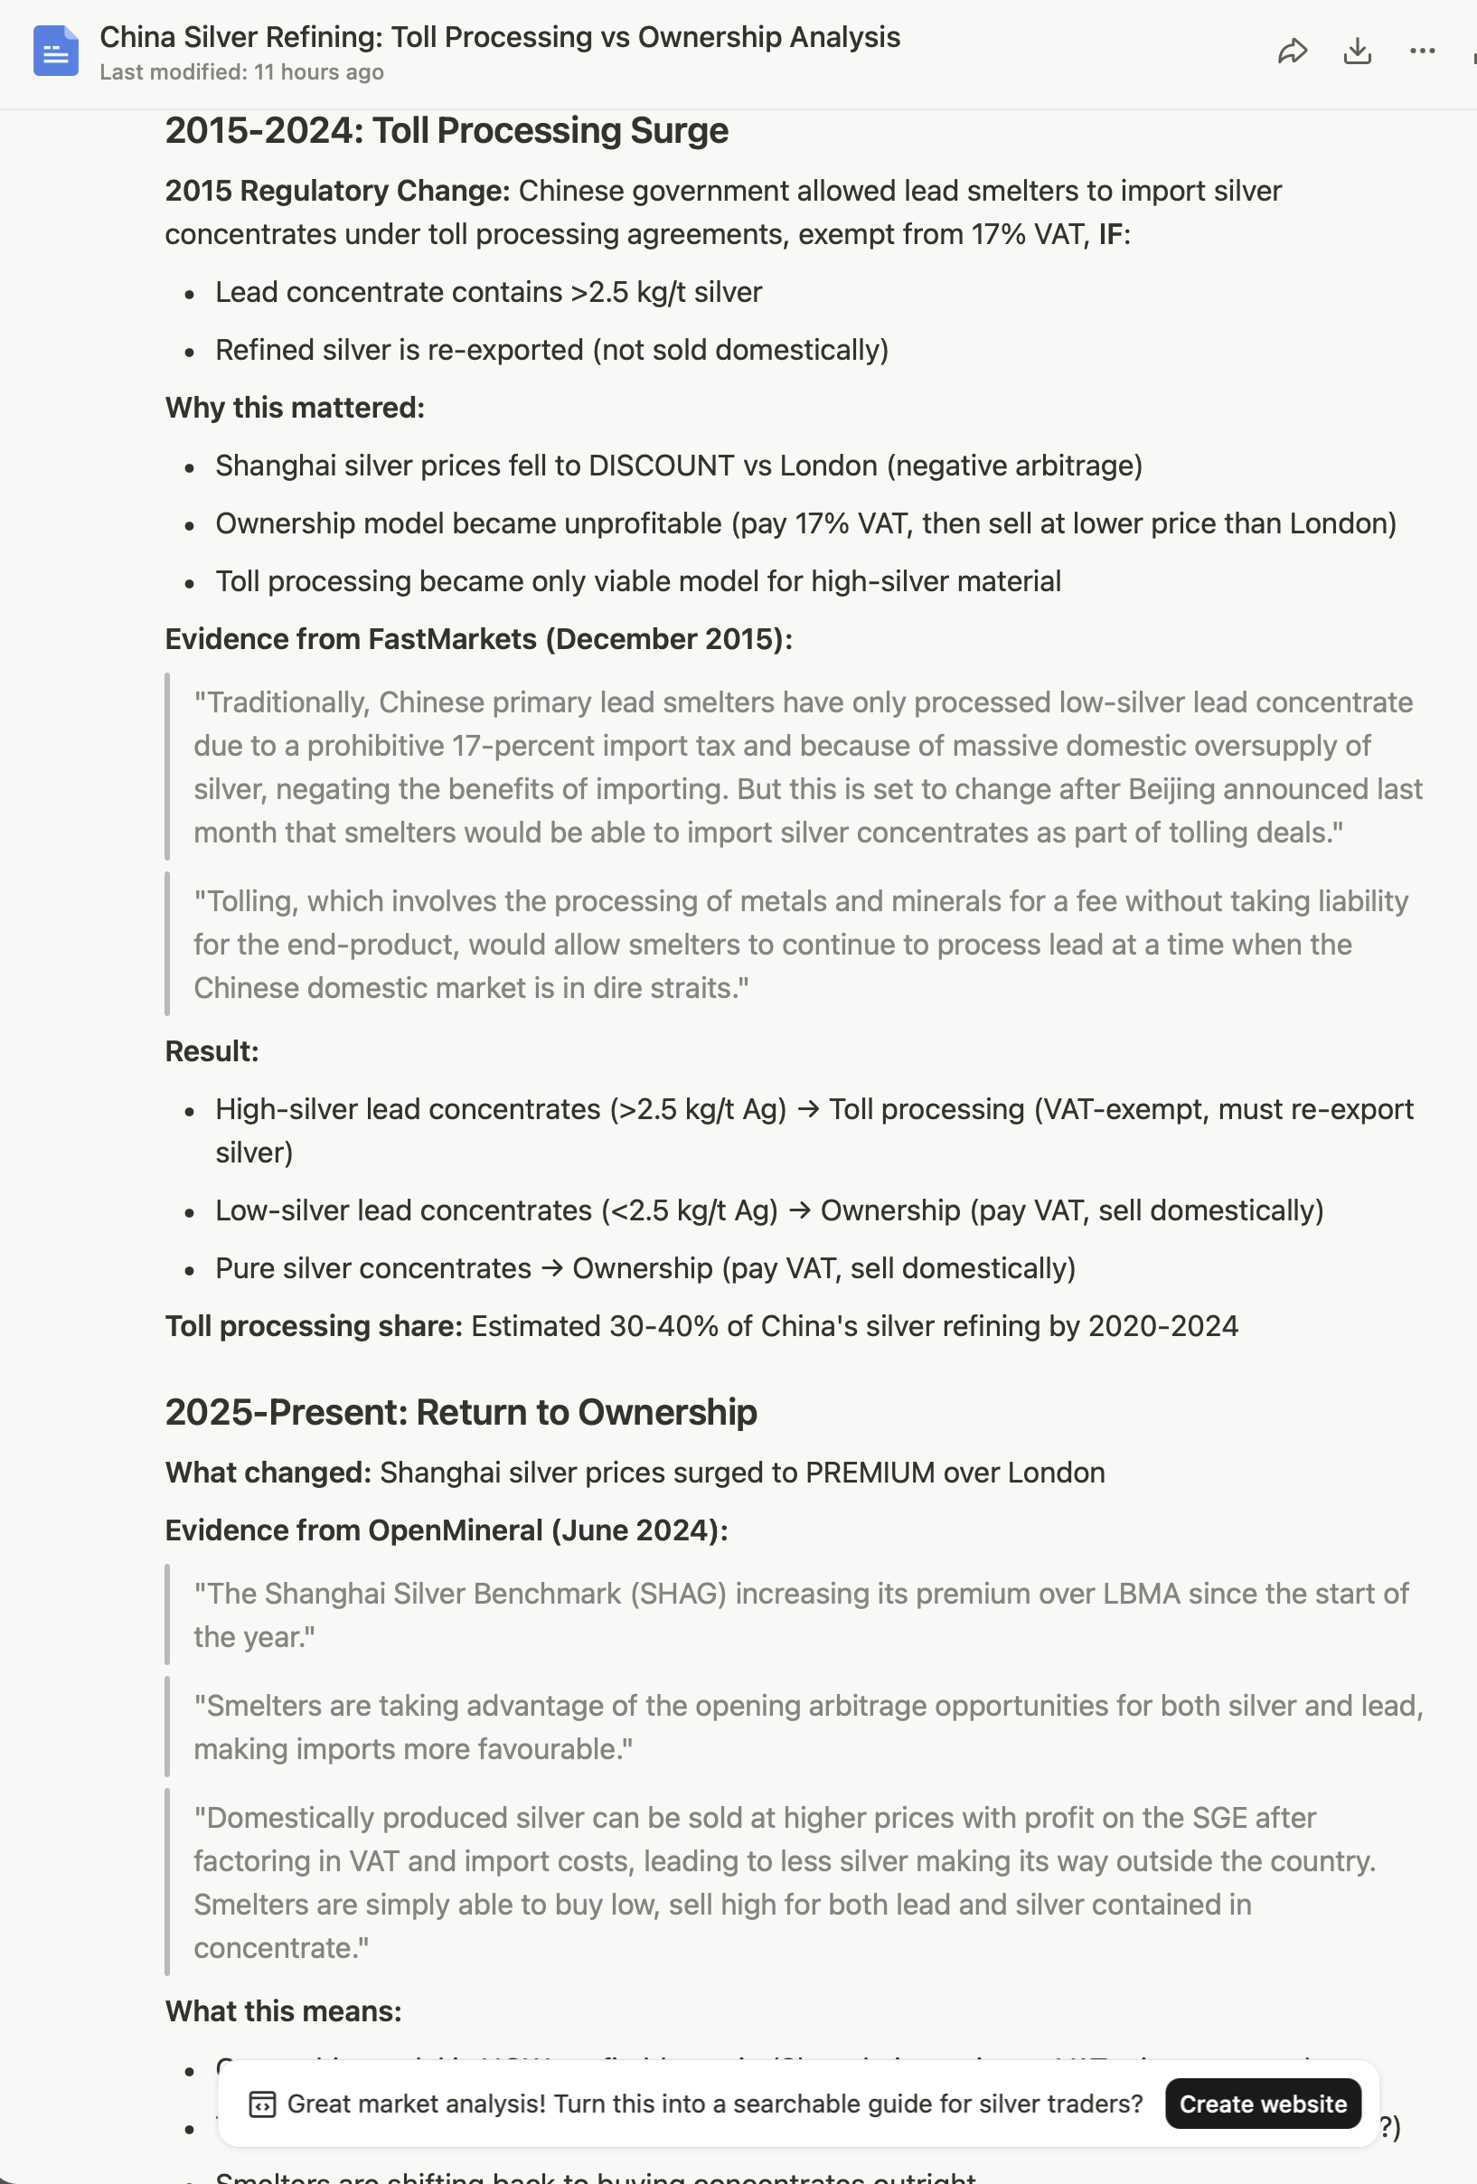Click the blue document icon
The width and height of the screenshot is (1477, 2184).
pos(55,51)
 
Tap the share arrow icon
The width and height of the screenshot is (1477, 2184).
pos(1293,51)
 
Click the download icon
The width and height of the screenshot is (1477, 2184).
pos(1358,51)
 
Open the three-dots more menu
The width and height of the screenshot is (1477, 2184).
pos(1423,51)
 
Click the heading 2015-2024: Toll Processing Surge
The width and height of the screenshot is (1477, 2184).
pos(447,131)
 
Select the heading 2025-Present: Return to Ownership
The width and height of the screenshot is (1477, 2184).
pos(460,1412)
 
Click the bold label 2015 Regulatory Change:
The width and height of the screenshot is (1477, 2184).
pos(337,191)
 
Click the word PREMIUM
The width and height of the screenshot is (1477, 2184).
pos(869,1473)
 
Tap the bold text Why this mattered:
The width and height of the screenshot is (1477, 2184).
pos(295,408)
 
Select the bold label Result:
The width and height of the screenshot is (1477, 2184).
pos(212,1051)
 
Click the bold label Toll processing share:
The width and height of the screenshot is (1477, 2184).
pos(314,1326)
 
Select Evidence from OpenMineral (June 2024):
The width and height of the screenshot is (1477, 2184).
pos(447,1530)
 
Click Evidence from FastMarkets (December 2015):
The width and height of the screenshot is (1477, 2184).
pos(478,639)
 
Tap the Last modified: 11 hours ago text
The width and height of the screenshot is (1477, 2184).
pos(241,72)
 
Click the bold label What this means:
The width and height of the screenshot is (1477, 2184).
pos(283,2011)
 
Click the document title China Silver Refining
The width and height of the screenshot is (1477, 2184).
pos(499,37)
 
